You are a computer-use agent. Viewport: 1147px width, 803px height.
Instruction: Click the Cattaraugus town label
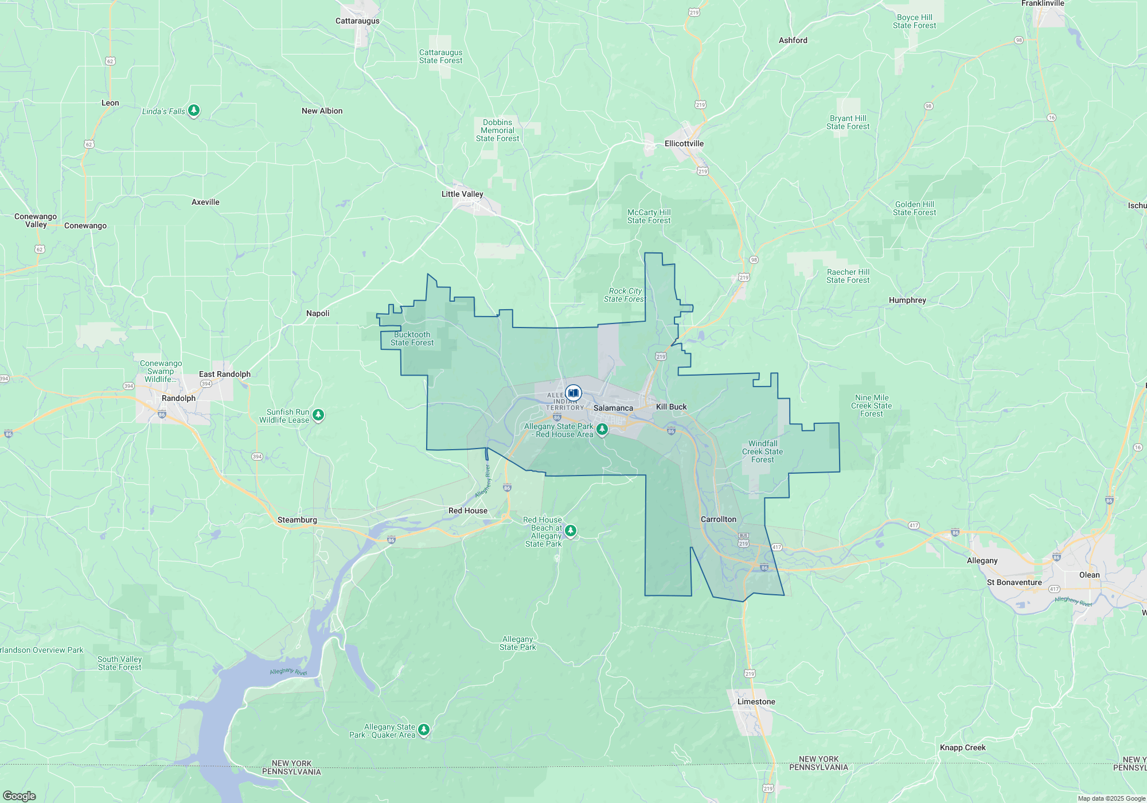point(357,21)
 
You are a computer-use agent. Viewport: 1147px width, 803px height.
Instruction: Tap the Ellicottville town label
point(684,143)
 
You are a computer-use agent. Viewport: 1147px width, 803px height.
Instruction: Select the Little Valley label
point(462,194)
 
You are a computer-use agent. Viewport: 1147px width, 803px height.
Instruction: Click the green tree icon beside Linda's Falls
point(194,110)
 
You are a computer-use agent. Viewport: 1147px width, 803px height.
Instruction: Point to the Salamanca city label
point(613,408)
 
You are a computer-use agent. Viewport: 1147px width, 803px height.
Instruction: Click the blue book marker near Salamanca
point(573,393)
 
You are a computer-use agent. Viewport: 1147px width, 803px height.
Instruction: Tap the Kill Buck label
point(671,407)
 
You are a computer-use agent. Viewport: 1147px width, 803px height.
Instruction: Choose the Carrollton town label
point(718,519)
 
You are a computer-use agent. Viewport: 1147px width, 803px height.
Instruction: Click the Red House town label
point(468,510)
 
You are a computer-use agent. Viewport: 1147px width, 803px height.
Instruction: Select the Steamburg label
point(297,520)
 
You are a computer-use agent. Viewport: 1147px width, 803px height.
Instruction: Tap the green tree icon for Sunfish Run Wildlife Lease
point(318,415)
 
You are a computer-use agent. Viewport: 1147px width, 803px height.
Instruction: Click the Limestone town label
point(756,701)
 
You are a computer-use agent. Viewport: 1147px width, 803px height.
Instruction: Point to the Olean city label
point(1089,575)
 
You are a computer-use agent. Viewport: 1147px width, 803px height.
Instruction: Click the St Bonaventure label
point(1014,582)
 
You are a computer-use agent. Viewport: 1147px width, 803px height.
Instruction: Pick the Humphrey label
point(907,300)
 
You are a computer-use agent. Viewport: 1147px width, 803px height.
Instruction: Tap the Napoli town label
point(318,313)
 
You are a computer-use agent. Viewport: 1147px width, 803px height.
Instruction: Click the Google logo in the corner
point(19,796)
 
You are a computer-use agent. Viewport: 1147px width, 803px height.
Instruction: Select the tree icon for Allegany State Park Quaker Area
point(424,730)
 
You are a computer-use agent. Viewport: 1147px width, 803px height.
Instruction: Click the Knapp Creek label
point(962,747)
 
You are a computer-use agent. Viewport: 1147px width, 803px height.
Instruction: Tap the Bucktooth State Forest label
point(412,338)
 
